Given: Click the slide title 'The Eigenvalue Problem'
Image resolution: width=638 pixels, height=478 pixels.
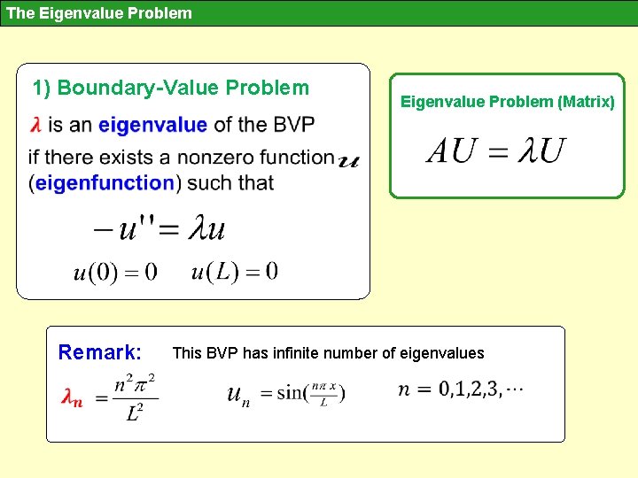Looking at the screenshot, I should [99, 12].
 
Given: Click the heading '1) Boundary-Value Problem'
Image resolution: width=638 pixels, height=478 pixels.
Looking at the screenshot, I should [171, 88].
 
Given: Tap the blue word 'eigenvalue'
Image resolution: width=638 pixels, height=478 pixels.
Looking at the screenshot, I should [152, 125].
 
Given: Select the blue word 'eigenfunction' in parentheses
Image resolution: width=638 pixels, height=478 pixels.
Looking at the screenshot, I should [104, 183].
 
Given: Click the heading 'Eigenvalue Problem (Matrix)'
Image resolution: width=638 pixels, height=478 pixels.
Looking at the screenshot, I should [507, 102].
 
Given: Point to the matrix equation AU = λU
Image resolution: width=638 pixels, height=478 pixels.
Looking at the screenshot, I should [495, 150].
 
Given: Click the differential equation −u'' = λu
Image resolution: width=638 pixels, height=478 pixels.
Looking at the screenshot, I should [159, 230].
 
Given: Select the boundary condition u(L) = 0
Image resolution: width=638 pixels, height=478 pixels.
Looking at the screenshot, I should [235, 271].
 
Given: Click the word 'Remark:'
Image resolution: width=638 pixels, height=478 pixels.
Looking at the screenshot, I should [99, 352].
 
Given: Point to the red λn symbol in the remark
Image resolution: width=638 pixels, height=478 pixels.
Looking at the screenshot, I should [72, 399].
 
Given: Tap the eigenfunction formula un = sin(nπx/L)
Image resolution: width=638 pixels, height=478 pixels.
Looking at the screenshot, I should [286, 394].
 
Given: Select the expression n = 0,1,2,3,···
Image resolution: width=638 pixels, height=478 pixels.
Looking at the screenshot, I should [460, 389].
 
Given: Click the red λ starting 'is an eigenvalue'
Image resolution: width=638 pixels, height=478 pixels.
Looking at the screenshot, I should [35, 125].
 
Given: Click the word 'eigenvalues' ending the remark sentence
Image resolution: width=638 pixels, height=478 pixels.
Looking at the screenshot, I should [442, 353].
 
